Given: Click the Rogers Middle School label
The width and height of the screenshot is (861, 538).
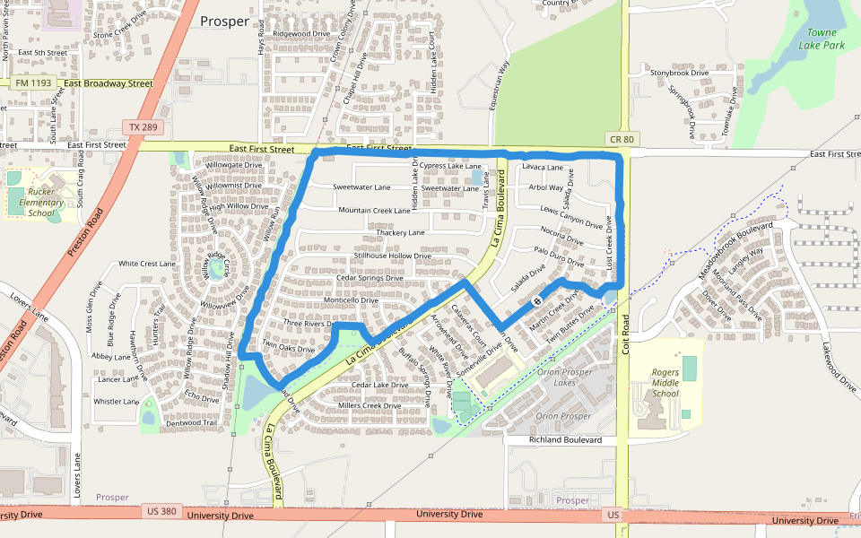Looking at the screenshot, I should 665,383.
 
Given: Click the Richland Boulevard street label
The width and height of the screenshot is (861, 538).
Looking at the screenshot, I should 565,440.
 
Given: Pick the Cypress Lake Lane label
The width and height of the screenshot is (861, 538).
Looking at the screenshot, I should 450,166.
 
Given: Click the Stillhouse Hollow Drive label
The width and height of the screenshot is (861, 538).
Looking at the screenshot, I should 392,256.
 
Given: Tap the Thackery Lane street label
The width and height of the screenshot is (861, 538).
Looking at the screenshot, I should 400,232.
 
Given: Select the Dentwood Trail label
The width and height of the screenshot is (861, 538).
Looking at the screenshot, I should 192,423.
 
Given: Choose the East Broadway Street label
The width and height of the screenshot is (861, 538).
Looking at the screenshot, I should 109,83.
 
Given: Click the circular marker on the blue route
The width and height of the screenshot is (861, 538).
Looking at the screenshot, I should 536,301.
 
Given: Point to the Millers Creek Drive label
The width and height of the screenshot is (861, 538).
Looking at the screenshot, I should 370,405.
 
